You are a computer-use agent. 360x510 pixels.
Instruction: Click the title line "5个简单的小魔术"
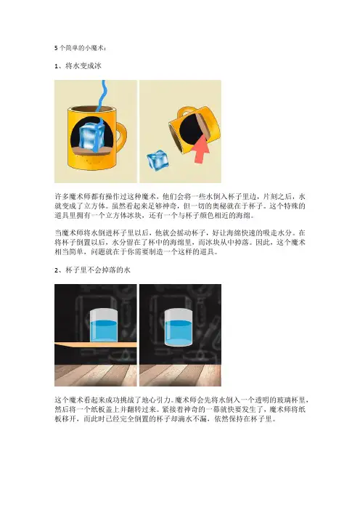click(79, 48)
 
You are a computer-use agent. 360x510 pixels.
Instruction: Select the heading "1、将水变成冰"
click(78, 65)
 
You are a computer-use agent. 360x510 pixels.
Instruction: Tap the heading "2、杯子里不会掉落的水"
click(92, 270)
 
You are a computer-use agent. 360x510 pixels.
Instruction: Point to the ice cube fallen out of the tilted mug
click(158, 161)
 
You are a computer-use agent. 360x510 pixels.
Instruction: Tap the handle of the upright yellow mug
click(120, 136)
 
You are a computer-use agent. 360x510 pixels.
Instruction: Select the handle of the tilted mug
click(187, 111)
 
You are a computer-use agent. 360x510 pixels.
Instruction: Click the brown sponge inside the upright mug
click(91, 150)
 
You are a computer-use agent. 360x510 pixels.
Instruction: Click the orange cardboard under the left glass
click(96, 344)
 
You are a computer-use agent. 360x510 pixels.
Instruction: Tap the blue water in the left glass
click(104, 331)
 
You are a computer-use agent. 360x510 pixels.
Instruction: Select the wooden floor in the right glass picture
click(180, 376)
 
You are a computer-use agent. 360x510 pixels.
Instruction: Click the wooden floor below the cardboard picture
click(96, 376)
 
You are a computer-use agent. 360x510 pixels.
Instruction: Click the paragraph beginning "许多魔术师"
click(180, 206)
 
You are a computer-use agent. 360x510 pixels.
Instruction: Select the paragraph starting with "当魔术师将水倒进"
click(180, 243)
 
